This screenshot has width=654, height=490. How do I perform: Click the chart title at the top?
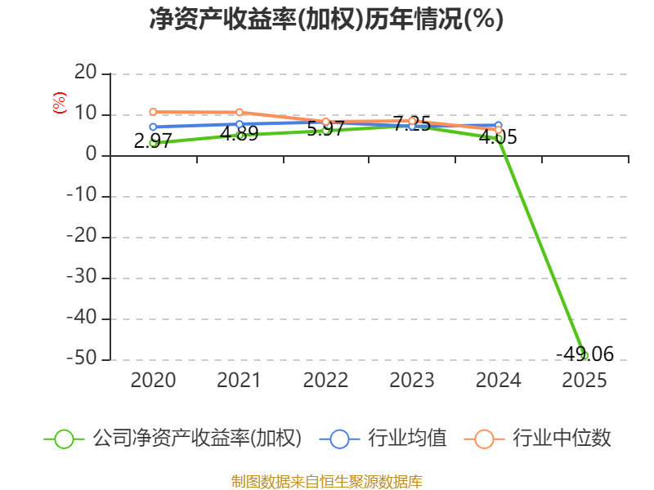(x=326, y=19)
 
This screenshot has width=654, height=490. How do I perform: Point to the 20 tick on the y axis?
(x=86, y=73)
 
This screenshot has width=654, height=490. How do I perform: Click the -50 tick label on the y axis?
(x=82, y=359)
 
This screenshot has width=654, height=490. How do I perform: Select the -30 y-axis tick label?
(x=82, y=277)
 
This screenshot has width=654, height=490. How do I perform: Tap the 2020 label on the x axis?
(x=153, y=380)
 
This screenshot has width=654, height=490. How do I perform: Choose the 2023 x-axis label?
(x=412, y=380)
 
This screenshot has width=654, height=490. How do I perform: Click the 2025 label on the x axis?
(x=585, y=380)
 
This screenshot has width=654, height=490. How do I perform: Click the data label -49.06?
(x=585, y=354)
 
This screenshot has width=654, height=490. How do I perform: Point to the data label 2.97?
(x=153, y=140)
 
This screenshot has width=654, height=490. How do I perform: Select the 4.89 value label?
(x=239, y=134)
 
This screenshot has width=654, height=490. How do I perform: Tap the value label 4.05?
(x=498, y=137)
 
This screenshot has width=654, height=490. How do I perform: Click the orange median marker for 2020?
(x=153, y=112)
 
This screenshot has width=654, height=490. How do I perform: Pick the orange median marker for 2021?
(x=240, y=112)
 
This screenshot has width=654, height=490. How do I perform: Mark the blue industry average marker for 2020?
(x=153, y=127)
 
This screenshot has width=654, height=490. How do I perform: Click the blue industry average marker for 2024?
(x=498, y=126)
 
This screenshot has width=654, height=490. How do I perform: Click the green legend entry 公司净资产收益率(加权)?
(x=172, y=439)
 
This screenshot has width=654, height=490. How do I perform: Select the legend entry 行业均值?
(x=383, y=439)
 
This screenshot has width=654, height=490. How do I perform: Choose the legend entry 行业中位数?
(x=538, y=439)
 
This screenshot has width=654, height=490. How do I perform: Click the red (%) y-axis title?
(x=60, y=103)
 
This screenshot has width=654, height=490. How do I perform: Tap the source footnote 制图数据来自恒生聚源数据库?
(x=327, y=482)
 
